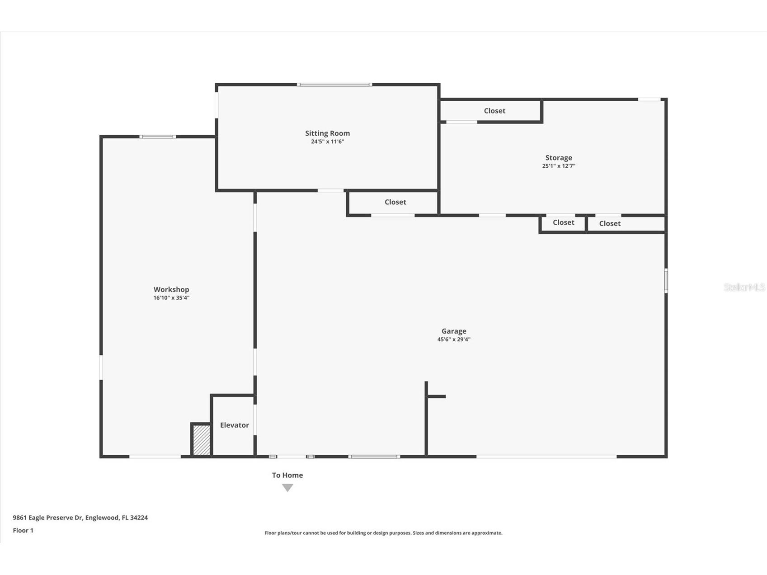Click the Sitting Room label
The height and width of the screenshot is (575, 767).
[327, 133]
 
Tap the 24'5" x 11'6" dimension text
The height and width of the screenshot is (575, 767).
[327, 141]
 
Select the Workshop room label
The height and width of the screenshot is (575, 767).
[171, 289]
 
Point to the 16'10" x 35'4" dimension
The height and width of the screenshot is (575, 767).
[171, 298]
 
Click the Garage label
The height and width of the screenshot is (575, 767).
[454, 331]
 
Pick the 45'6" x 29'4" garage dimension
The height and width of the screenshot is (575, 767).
[454, 339]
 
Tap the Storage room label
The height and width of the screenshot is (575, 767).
[559, 157]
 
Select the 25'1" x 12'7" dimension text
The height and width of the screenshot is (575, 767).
[559, 166]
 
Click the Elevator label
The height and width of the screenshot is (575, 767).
[234, 425]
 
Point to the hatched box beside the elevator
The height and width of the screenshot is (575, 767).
[201, 440]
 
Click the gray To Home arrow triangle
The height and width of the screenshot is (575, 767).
[287, 487]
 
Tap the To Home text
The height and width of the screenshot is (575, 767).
[287, 475]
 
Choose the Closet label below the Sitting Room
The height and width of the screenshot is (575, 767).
[395, 202]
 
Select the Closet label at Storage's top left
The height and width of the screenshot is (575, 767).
[494, 111]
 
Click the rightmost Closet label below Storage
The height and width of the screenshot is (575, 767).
[610, 223]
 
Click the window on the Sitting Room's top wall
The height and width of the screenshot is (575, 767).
[334, 85]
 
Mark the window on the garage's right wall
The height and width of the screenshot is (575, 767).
[666, 281]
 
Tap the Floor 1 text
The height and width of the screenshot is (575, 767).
[23, 530]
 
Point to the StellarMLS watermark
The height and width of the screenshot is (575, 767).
[744, 287]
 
